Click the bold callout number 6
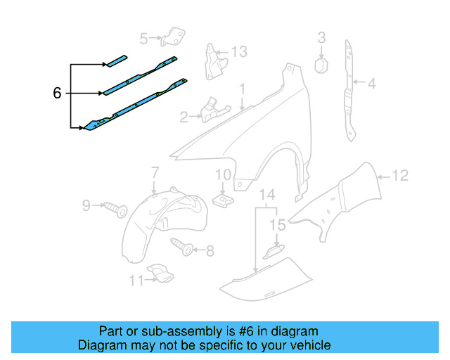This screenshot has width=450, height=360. point(57,93)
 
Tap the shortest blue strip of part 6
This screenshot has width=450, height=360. point(116,61)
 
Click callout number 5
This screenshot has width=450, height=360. point(143,39)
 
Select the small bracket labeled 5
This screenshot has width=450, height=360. point(173,37)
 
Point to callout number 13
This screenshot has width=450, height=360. point(239,51)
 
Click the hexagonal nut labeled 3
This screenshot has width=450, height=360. point(321,65)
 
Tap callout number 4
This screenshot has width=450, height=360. point(372,84)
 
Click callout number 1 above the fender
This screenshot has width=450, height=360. point(243,89)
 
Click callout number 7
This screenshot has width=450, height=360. point(155,172)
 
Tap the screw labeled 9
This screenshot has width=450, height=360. point(115,209)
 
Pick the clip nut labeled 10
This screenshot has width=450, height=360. point(224,200)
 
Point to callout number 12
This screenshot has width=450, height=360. point(400,175)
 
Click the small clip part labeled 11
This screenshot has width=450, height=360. point(161,273)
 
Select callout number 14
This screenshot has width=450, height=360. point(267,195)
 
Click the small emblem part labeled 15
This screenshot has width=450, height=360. point(274,252)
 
